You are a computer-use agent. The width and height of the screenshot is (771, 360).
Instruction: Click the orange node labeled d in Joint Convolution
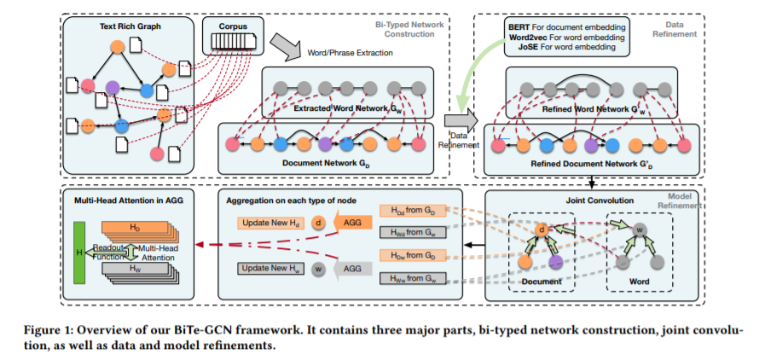[541, 228]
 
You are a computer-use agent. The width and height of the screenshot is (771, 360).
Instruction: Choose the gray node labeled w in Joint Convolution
[637, 229]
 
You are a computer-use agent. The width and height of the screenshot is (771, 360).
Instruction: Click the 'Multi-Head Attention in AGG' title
[122, 200]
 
